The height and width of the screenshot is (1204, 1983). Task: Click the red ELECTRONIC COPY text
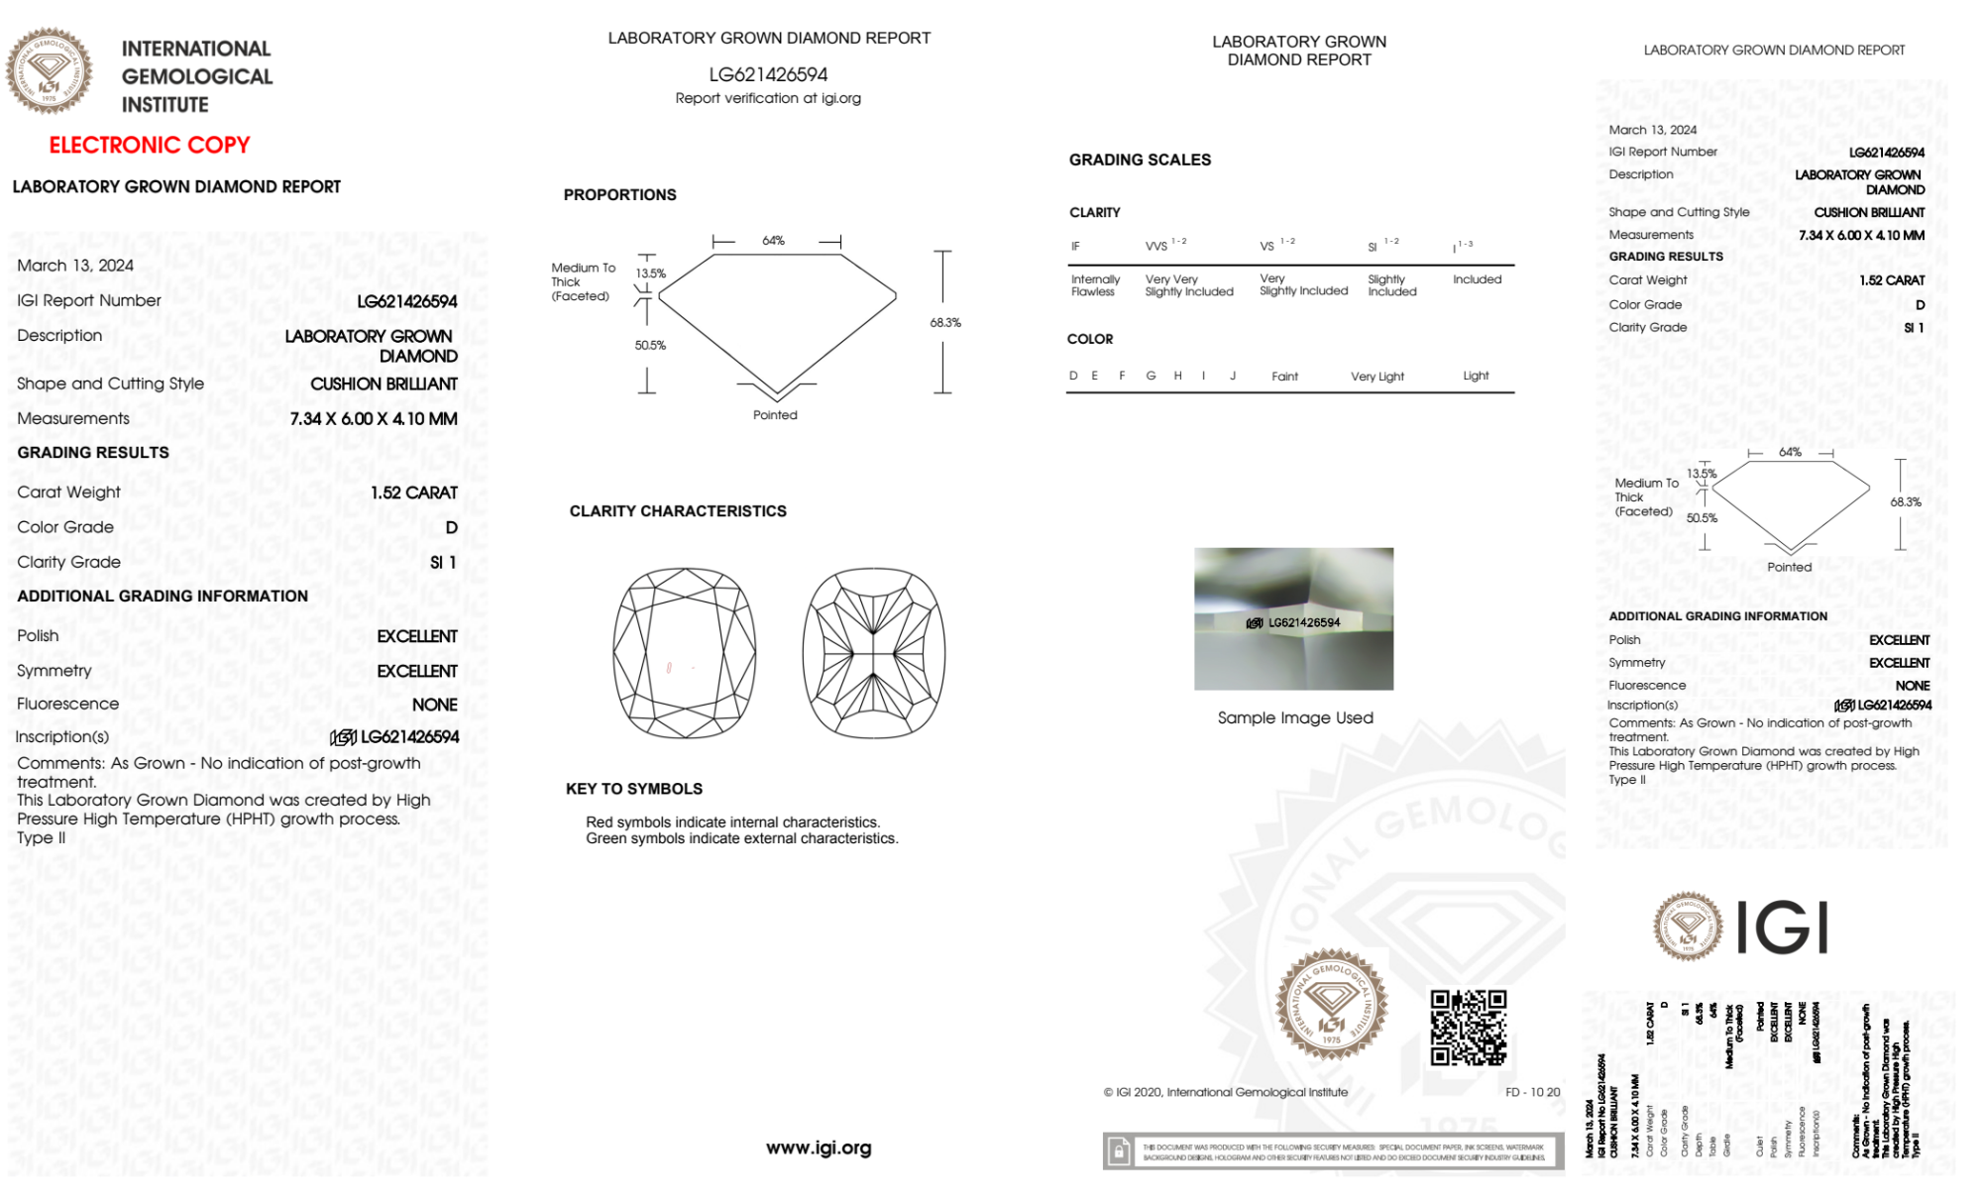(x=150, y=146)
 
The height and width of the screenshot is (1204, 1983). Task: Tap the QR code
(x=1469, y=1028)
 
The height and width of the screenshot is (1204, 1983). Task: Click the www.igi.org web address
(x=819, y=1148)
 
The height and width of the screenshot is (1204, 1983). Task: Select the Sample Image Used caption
(x=1295, y=717)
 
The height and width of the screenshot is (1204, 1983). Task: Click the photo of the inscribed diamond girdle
(x=1293, y=618)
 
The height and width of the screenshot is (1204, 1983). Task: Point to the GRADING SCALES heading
(x=1140, y=160)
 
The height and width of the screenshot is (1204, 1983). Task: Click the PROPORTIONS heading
(x=619, y=195)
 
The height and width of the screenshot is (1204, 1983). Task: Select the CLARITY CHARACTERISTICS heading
(x=678, y=511)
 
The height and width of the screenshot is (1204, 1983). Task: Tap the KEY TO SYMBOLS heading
(x=634, y=789)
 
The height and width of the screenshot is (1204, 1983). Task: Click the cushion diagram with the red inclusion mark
(x=685, y=653)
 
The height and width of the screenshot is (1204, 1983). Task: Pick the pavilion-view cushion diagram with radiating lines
(x=873, y=653)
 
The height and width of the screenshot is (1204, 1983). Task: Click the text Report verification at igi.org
(x=768, y=98)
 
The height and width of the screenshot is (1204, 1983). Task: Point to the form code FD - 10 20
(x=1532, y=1092)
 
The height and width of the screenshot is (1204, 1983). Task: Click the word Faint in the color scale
(x=1284, y=377)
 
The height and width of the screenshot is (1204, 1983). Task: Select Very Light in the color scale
(x=1377, y=377)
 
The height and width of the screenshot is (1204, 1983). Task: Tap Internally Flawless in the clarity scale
(x=1094, y=285)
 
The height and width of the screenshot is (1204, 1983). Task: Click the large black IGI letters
(x=1783, y=928)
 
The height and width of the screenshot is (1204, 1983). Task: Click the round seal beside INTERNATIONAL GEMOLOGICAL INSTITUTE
(x=49, y=71)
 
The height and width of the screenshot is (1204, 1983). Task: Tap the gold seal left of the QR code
(x=1331, y=1005)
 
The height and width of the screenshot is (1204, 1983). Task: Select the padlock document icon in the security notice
(x=1119, y=1151)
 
